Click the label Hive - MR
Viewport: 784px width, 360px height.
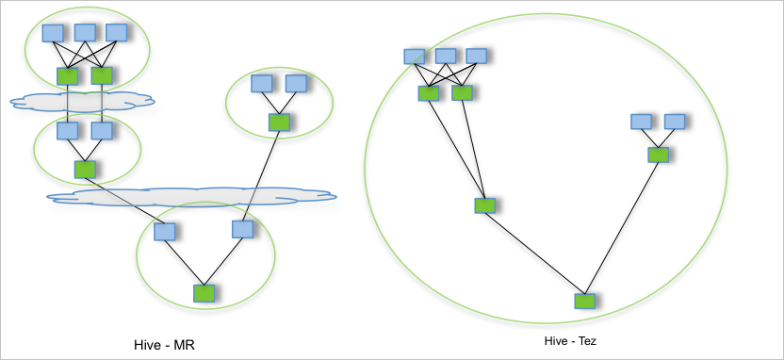click(164, 346)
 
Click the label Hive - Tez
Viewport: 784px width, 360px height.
click(571, 339)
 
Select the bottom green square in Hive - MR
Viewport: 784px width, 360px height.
click(204, 293)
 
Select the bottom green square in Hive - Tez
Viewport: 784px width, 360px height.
click(585, 301)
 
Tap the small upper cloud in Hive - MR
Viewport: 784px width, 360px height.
click(83, 101)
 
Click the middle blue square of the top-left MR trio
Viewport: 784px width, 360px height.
click(85, 33)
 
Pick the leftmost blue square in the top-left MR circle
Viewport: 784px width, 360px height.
click(53, 33)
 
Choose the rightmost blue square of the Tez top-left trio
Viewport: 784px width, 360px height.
click(477, 56)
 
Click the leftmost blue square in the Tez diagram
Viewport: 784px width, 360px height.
click(414, 56)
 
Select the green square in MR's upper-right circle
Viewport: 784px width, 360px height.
click(278, 122)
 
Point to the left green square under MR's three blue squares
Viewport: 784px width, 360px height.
click(67, 75)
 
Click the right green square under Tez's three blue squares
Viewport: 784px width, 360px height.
click(461, 92)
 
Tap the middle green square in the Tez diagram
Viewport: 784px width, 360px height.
click(484, 205)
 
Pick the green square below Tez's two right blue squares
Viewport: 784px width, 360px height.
click(658, 155)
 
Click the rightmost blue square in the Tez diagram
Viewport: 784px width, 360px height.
click(674, 122)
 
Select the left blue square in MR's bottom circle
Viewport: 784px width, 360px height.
click(164, 231)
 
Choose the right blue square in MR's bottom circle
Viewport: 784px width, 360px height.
click(242, 229)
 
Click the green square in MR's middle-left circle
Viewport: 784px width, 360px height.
click(85, 170)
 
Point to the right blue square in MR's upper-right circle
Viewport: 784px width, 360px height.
click(296, 84)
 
